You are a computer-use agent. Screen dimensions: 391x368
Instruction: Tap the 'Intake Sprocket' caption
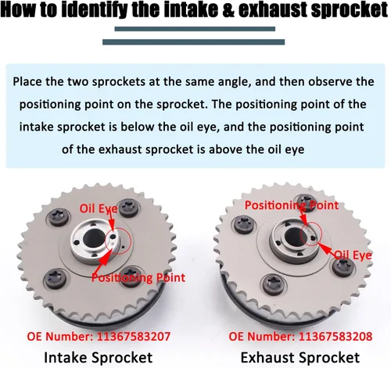(99, 357)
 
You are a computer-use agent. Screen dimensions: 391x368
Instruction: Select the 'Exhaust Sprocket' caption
(300, 357)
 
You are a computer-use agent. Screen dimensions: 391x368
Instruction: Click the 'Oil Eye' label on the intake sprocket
(99, 209)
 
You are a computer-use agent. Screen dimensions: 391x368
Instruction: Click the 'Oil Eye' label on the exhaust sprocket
(353, 255)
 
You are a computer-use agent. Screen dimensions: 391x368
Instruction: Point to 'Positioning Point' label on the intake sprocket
(138, 277)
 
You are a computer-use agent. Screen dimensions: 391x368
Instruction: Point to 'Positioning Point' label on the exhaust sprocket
(292, 205)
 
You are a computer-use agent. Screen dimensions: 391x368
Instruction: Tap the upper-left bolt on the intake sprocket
(59, 216)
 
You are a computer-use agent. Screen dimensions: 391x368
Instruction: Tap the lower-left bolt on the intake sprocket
(55, 278)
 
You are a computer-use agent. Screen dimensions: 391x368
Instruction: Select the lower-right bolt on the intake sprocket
(132, 276)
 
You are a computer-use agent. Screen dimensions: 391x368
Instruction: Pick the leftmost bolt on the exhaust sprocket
(244, 224)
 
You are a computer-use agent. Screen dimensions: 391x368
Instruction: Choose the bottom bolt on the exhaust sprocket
(273, 284)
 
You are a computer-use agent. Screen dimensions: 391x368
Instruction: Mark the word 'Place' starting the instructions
(27, 82)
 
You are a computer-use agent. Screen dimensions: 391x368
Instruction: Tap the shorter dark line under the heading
(195, 29)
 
